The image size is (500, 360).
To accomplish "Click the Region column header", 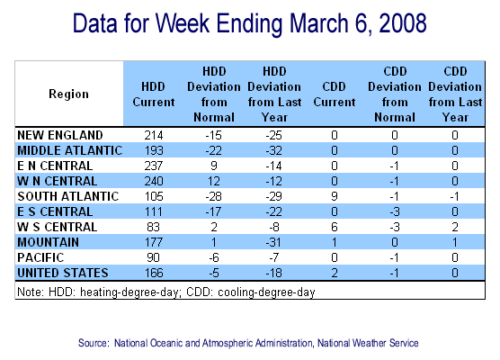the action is coord(68,94).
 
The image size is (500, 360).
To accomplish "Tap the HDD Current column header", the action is coord(154,94).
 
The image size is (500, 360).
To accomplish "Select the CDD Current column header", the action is coord(335,94).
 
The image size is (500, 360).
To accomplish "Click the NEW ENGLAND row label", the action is coord(60,135).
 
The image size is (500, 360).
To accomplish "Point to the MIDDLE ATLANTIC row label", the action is coord(70,150).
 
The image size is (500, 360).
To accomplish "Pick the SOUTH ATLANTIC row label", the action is coord(68,196).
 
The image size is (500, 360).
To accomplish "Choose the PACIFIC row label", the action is coord(40,257).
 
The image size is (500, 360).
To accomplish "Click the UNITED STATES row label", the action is coord(63,273).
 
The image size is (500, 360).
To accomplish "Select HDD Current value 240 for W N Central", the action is coord(154,181).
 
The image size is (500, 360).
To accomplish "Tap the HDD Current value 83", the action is coord(154,227).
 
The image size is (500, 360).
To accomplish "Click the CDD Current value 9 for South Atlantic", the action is coord(335,196).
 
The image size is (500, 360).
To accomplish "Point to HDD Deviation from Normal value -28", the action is coord(214,196).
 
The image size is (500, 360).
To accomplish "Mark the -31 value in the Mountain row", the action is coord(274,242).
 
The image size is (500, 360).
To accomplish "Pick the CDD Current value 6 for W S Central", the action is coord(335,227).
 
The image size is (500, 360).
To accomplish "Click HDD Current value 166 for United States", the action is coord(154,273).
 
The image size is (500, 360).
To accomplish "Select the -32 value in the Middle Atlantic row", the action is coord(274,150).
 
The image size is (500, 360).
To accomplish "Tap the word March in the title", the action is coord(319,23).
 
